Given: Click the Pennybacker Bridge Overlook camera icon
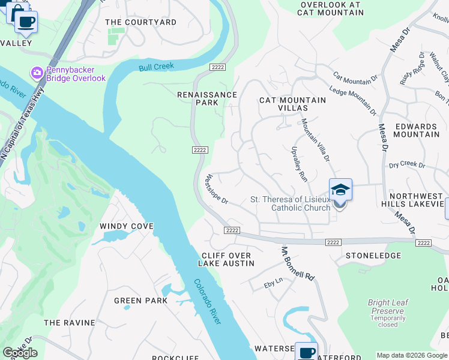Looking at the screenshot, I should coord(37,73).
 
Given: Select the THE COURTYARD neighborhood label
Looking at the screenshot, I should coord(140,22).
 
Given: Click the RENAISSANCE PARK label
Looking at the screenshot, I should coord(207,98).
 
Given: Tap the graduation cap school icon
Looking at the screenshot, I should coord(340,190).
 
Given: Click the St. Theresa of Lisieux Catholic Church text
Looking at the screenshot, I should coord(291,203).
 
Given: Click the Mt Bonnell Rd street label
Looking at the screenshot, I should coord(298,264).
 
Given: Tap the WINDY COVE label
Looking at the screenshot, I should coord(127,226).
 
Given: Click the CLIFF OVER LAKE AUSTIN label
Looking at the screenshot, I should coord(226,259).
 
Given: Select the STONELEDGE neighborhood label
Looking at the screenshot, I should coord(373,255).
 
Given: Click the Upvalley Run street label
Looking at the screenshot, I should coord(299,164).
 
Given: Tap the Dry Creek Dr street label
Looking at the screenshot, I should coord(406,165).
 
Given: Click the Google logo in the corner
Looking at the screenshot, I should coord(20,353).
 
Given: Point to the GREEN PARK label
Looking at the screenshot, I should coord(136,301).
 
